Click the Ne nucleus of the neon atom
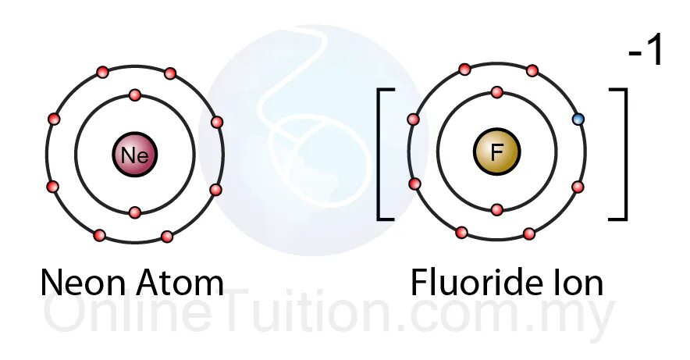(134, 154)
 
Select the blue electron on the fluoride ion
(578, 119)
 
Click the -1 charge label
(645, 52)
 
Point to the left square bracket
(384, 154)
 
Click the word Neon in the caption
(84, 283)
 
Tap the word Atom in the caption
(181, 283)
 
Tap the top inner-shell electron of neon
(134, 95)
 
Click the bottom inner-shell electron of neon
(134, 212)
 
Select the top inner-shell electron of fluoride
(496, 92)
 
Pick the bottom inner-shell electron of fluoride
(496, 209)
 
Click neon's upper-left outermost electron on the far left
(53, 119)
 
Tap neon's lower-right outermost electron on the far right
(215, 189)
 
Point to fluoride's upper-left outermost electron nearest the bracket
(414, 119)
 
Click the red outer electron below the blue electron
(578, 187)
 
